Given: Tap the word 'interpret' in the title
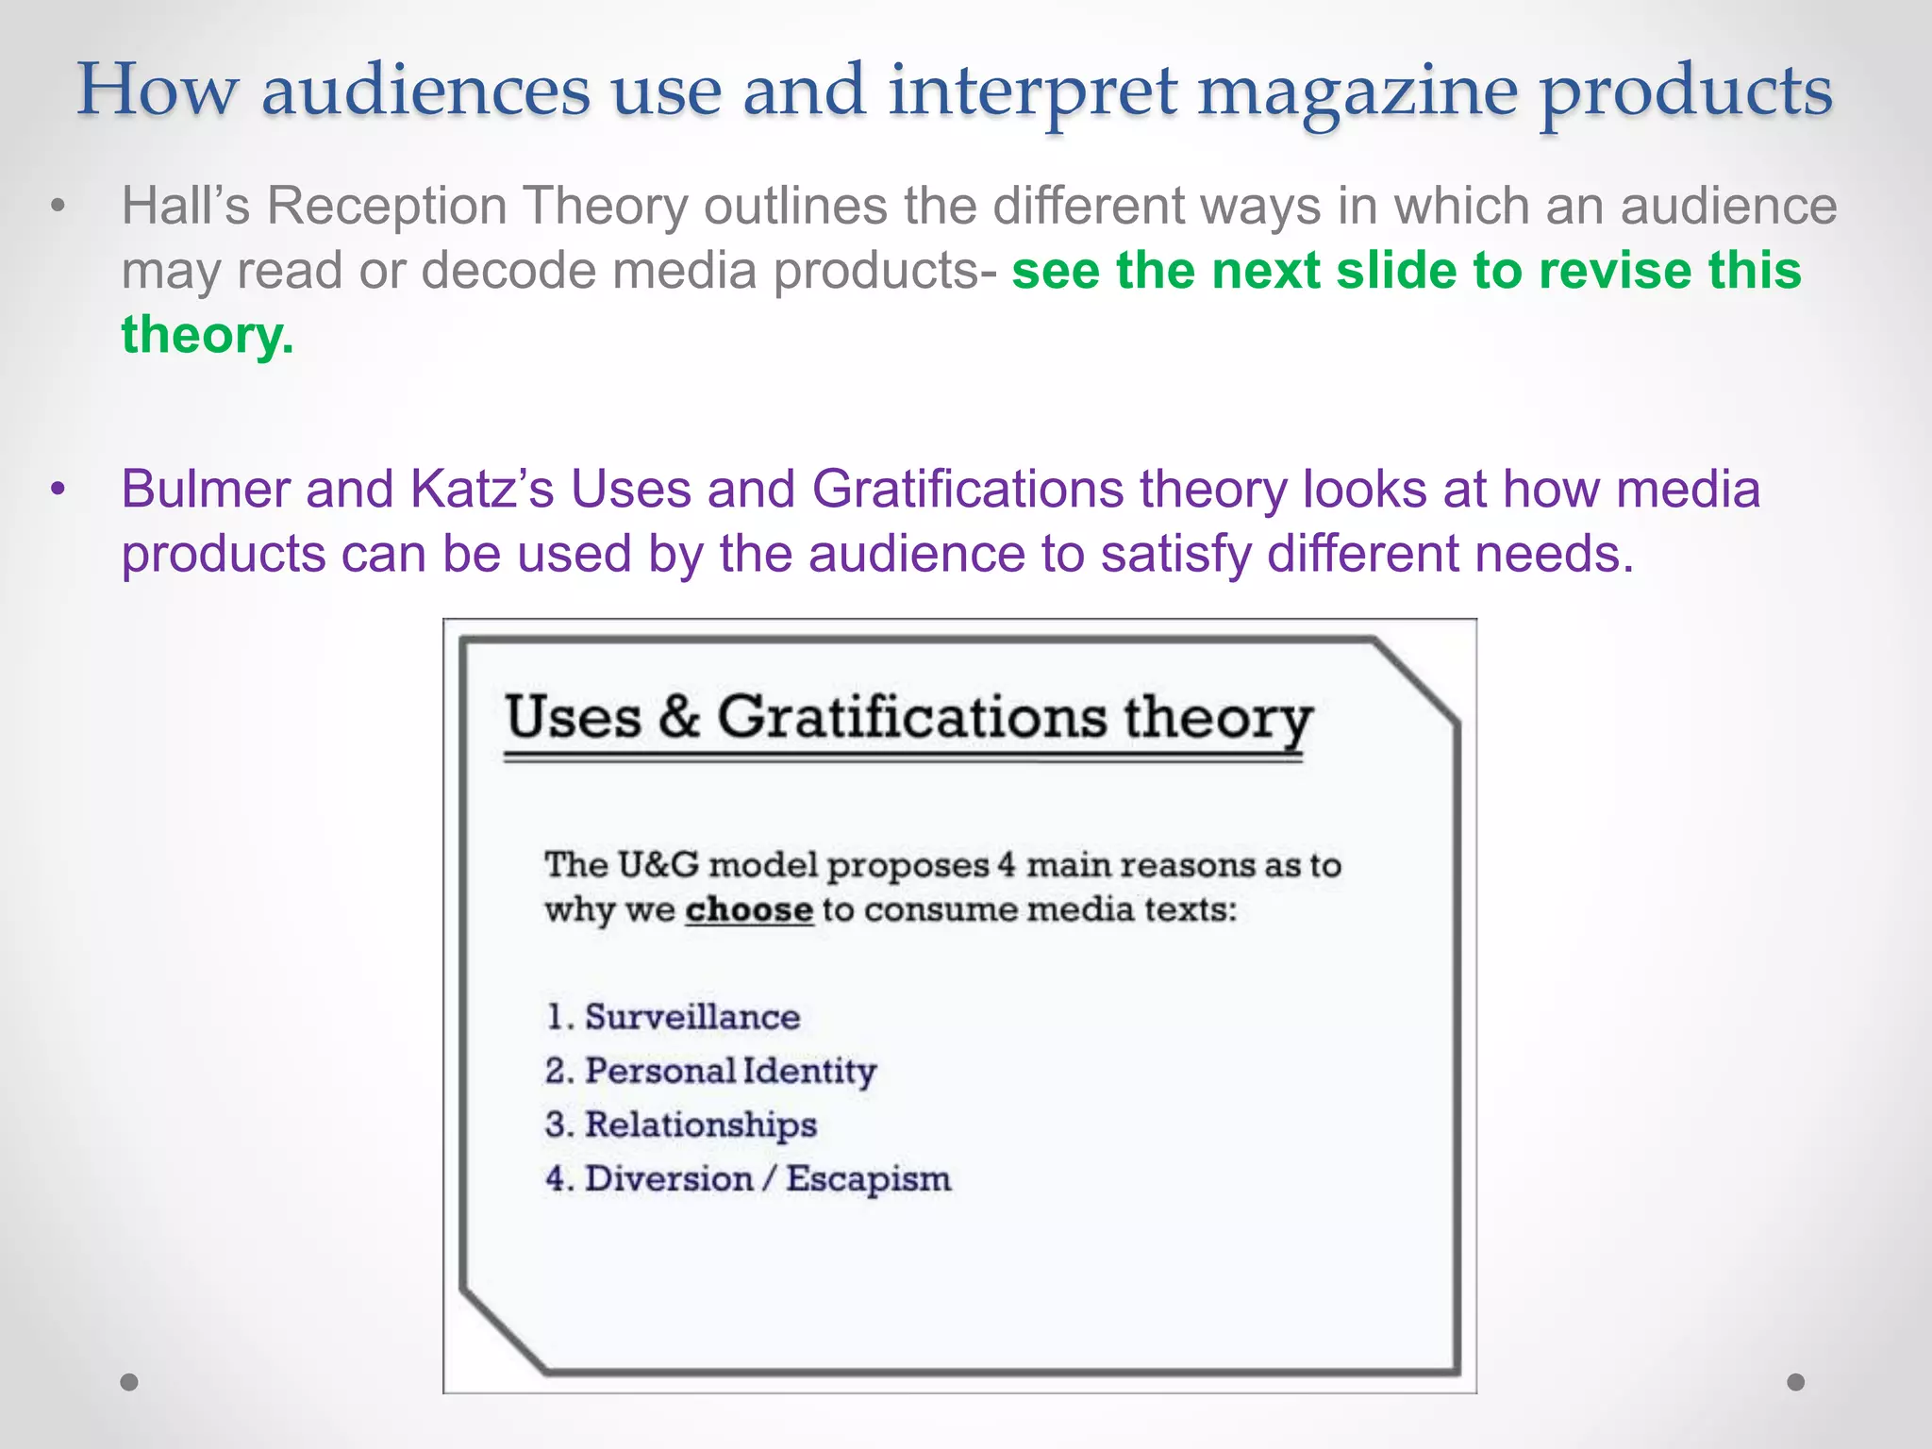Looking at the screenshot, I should (1032, 92).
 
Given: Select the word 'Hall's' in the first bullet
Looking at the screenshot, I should (186, 206).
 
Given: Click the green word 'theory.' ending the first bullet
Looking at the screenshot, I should (208, 335).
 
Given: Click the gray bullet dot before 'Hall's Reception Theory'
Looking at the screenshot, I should (58, 207).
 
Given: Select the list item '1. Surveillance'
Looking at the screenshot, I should (673, 1017).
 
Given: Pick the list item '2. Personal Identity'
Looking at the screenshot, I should (710, 1071).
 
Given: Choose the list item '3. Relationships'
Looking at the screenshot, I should (681, 1124).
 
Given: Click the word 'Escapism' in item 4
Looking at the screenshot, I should (869, 1179).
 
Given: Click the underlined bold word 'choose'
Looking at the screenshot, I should (749, 910).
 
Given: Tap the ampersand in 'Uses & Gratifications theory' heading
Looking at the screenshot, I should (679, 717).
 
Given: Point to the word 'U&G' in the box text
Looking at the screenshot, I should (658, 865).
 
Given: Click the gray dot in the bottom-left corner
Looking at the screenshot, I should (129, 1382).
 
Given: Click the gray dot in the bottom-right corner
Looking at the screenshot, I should (1796, 1382).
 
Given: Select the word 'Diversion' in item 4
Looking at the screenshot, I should (669, 1179).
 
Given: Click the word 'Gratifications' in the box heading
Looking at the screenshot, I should (911, 717).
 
